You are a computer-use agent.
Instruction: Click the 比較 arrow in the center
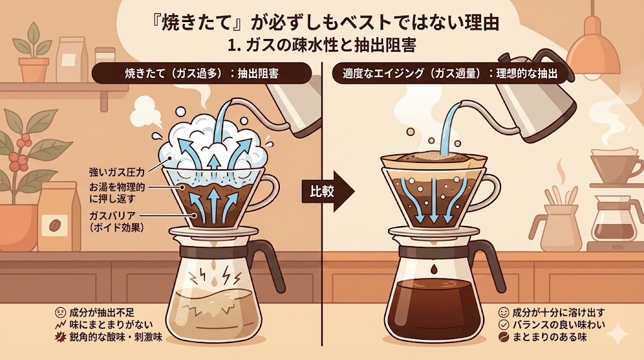click(x=328, y=192)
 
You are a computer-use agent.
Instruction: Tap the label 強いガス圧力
click(x=116, y=171)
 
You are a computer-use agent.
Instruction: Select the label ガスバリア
click(x=112, y=216)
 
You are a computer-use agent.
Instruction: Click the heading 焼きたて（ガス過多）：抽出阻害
click(x=202, y=74)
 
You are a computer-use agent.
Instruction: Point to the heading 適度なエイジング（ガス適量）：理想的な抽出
click(x=450, y=74)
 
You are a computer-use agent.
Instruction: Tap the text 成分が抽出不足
click(x=102, y=313)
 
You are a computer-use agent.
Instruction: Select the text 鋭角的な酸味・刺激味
click(x=116, y=337)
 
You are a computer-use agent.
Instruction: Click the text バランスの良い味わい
click(x=559, y=325)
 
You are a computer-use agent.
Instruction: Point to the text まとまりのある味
click(x=550, y=337)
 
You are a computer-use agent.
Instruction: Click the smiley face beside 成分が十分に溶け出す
click(x=504, y=313)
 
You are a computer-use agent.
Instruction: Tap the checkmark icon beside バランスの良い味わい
click(x=504, y=325)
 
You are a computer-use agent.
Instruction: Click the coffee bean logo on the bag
click(x=55, y=225)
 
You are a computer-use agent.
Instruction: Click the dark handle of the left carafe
click(x=270, y=263)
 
